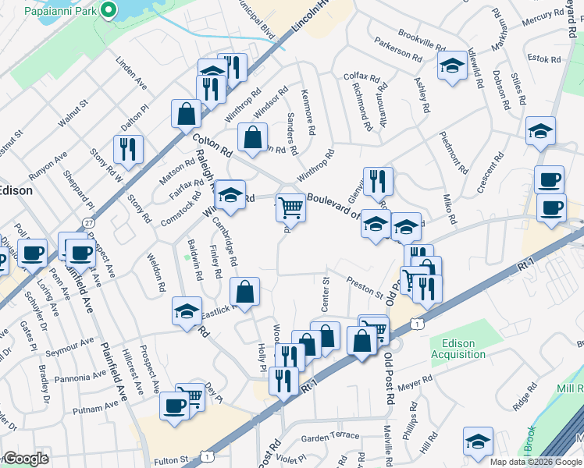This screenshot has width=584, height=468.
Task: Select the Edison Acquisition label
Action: (463, 349)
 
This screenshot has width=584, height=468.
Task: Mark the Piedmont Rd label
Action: (454, 158)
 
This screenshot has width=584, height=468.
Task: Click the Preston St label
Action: (365, 288)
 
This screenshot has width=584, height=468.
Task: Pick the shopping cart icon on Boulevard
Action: (290, 207)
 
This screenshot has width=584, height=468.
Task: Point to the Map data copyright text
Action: (534, 461)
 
